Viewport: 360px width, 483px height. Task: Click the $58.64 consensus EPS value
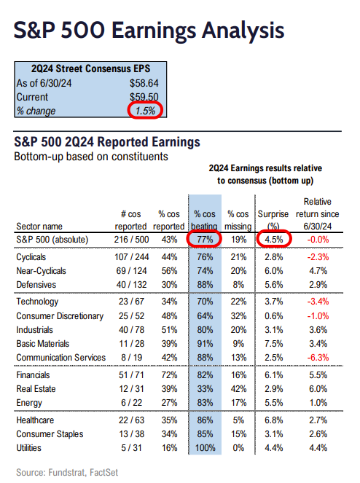(x=144, y=83)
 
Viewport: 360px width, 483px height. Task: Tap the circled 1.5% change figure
(x=145, y=111)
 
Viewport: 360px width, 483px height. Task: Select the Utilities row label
(x=28, y=447)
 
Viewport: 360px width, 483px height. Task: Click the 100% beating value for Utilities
(x=205, y=447)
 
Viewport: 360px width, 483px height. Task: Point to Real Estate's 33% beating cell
(x=205, y=389)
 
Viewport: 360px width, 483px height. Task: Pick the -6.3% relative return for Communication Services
(x=318, y=357)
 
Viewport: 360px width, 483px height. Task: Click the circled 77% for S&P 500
(x=205, y=240)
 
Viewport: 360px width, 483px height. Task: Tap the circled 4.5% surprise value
(x=274, y=240)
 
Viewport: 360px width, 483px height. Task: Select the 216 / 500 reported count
(x=131, y=240)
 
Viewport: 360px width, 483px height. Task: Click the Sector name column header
(x=39, y=227)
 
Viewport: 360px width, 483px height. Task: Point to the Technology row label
(x=37, y=302)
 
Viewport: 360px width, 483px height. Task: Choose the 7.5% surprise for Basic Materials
(x=274, y=343)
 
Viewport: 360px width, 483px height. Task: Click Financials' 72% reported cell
(x=169, y=375)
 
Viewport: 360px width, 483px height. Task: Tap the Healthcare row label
(x=35, y=420)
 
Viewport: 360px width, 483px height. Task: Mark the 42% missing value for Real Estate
(x=238, y=389)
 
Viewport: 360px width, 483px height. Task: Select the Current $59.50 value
(x=144, y=97)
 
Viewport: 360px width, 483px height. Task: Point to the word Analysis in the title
(x=243, y=30)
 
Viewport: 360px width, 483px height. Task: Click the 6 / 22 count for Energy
(x=131, y=403)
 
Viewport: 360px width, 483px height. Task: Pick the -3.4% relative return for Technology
(x=318, y=302)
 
